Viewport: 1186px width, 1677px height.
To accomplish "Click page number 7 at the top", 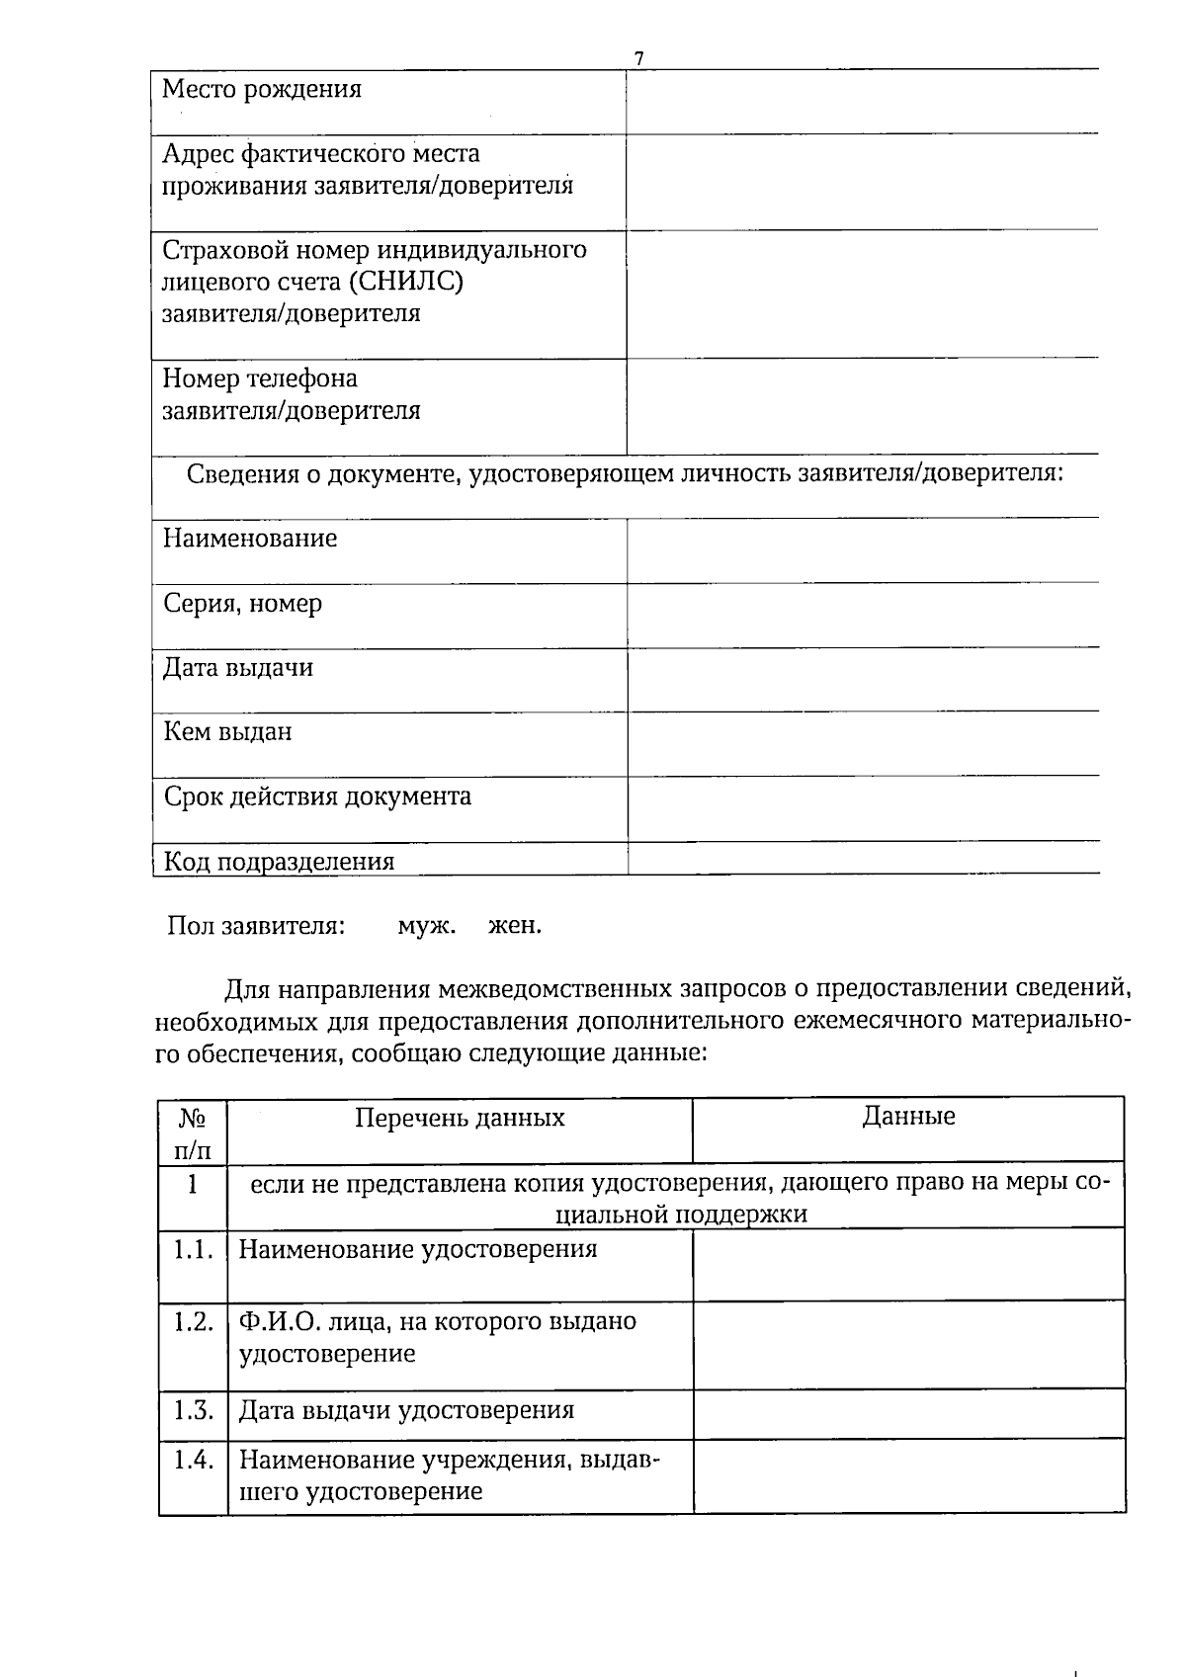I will tap(639, 58).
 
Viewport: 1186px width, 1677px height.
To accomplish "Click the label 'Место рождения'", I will tap(262, 90).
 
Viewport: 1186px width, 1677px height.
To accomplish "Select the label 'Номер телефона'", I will tap(260, 378).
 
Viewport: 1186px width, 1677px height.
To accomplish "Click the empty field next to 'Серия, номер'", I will tap(862, 615).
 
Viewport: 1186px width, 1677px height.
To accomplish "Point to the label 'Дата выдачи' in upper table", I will tap(238, 668).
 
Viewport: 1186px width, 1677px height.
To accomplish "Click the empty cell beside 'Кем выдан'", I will tap(862, 743).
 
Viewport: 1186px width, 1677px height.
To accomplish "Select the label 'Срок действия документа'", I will tap(317, 797).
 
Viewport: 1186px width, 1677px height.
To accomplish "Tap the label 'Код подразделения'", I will tap(279, 861).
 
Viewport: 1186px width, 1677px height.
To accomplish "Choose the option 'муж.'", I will tap(426, 927).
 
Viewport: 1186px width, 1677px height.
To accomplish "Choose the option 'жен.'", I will tap(515, 927).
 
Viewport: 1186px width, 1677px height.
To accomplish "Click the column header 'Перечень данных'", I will tap(460, 1118).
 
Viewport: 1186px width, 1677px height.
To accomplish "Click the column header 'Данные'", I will tap(908, 1117).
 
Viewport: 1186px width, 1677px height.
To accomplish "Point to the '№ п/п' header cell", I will tap(193, 1133).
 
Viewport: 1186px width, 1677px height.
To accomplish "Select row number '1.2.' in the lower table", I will tap(194, 1322).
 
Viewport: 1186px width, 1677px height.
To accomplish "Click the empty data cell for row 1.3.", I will tap(908, 1413).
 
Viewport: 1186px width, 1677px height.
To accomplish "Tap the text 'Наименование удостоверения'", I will tap(418, 1249).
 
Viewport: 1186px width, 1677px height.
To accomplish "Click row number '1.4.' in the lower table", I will tap(194, 1460).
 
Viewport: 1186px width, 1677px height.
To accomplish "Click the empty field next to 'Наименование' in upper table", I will tap(862, 550).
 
